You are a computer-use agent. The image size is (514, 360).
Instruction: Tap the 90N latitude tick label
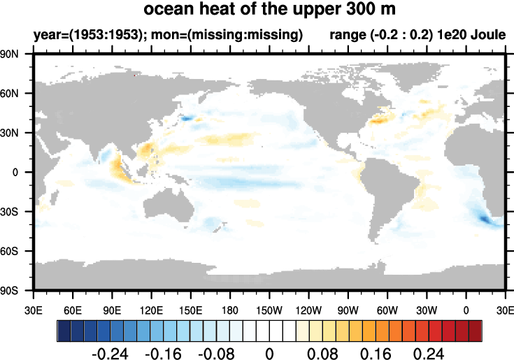pyautogui.click(x=18, y=54)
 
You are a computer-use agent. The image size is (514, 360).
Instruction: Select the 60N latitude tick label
pyautogui.click(x=18, y=93)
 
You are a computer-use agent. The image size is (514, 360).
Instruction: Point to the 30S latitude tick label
pyautogui.click(x=18, y=211)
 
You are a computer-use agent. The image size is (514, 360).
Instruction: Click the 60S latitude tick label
pyautogui.click(x=18, y=250)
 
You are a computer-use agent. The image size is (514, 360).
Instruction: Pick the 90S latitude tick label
pyautogui.click(x=18, y=289)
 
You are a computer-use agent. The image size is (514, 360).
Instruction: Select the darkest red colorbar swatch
pyautogui.click(x=475, y=328)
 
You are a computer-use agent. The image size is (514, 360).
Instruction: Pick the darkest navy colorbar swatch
pyautogui.click(x=64, y=328)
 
